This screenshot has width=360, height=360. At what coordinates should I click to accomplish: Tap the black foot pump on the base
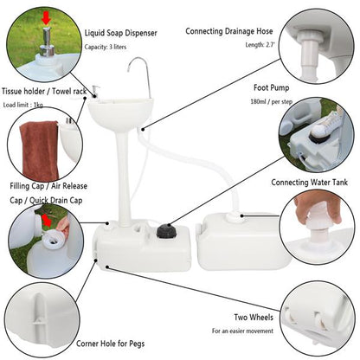click(165, 232)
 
